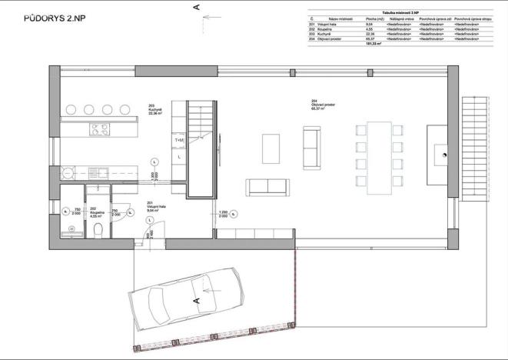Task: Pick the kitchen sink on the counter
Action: click(x=99, y=172)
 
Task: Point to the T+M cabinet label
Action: click(x=180, y=140)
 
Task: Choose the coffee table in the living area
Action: click(x=271, y=148)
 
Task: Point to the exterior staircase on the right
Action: click(x=476, y=146)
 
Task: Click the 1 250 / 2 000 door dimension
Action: click(x=224, y=214)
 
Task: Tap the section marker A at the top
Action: click(x=198, y=7)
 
